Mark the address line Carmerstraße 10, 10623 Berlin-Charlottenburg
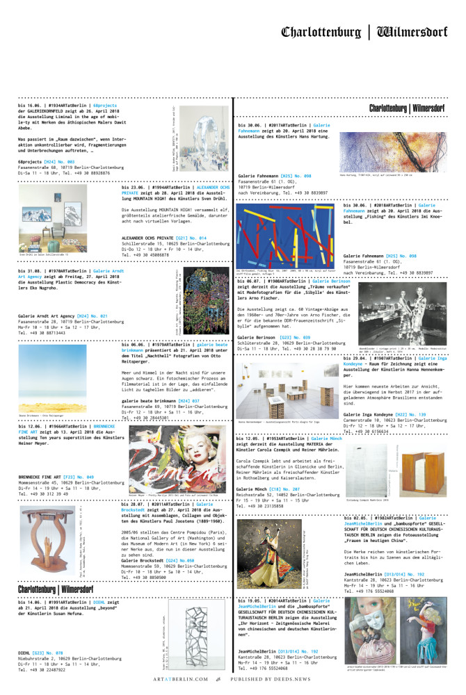394,420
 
